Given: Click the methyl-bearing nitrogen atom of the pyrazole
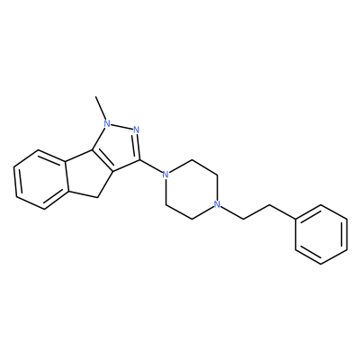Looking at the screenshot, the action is (107, 123).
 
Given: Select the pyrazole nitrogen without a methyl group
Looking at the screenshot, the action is (137, 130).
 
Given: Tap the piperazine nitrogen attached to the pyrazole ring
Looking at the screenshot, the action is (164, 174).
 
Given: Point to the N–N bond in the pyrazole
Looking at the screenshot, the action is (121, 127).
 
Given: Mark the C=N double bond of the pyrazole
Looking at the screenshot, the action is (138, 147).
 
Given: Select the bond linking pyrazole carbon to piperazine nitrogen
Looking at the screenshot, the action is (150, 166).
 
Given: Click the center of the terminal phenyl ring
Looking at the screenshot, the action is (321, 235).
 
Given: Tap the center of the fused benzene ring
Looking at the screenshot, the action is (40, 179).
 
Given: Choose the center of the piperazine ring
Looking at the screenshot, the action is (191, 189).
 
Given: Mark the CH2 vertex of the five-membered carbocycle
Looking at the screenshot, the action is (97, 197).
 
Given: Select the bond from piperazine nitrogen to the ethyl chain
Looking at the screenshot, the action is (232, 212).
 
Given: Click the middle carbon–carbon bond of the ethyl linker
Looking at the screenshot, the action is (256, 212).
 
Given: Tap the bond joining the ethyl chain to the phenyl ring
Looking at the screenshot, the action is (283, 212).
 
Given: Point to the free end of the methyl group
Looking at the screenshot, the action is (95, 96).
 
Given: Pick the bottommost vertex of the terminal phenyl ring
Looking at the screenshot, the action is (321, 264).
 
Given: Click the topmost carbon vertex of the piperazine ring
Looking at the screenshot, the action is (191, 159).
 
